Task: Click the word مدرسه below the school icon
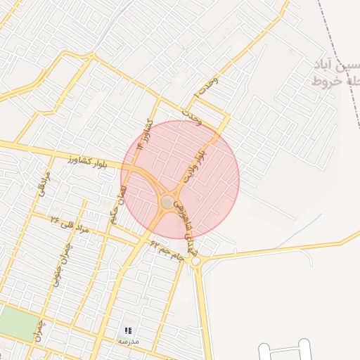tap(128, 341)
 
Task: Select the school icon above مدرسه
tap(128, 330)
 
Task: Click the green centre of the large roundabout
tap(167, 202)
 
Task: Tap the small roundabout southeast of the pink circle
tap(195, 262)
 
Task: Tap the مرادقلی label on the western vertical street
tap(44, 184)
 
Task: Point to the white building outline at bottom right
tap(284, 351)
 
